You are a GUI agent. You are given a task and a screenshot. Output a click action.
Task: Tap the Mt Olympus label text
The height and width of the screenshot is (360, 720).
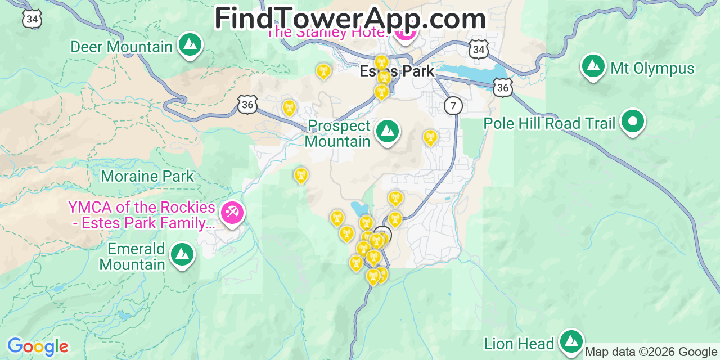pyautogui.click(x=652, y=69)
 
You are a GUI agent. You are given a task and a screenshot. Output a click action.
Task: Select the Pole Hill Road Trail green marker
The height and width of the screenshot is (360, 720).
pyautogui.click(x=633, y=121)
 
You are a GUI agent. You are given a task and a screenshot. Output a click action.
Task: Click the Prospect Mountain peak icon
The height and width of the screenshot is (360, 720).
pyautogui.click(x=387, y=131)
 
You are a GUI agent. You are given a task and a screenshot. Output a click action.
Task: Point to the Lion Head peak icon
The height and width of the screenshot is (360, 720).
pyautogui.click(x=571, y=341)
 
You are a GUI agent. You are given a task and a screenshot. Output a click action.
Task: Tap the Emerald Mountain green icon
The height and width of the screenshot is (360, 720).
pyautogui.click(x=182, y=254)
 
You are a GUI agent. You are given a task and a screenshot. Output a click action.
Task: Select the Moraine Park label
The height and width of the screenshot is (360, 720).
pyautogui.click(x=147, y=176)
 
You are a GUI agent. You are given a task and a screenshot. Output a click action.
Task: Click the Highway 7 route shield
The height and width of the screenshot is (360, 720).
pyautogui.click(x=453, y=105)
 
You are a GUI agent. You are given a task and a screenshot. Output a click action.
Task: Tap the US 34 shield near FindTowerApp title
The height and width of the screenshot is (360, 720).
pyautogui.click(x=478, y=50)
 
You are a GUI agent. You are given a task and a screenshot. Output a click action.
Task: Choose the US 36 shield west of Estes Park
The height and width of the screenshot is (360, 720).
pyautogui.click(x=247, y=104)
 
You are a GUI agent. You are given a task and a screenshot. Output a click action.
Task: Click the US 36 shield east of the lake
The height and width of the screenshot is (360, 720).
pyautogui.click(x=503, y=87)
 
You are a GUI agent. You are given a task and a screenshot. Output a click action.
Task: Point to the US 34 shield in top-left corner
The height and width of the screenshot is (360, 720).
pyautogui.click(x=32, y=20)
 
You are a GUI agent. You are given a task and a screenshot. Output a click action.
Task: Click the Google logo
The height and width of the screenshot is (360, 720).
pyautogui.click(x=38, y=346)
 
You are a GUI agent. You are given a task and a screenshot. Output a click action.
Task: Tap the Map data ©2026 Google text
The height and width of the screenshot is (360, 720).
pyautogui.click(x=651, y=352)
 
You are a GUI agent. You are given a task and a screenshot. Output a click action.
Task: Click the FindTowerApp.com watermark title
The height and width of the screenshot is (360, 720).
pyautogui.click(x=350, y=19)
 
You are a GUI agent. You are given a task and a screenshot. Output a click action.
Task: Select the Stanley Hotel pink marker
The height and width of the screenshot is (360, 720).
pyautogui.click(x=405, y=35)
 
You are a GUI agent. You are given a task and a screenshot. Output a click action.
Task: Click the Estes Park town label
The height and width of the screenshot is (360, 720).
pyautogui.click(x=397, y=71)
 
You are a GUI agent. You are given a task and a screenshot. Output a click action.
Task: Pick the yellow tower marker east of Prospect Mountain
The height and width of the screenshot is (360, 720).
pyautogui.click(x=430, y=137)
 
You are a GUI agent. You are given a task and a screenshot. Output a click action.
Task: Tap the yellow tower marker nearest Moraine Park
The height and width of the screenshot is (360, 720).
pyautogui.click(x=301, y=175)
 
